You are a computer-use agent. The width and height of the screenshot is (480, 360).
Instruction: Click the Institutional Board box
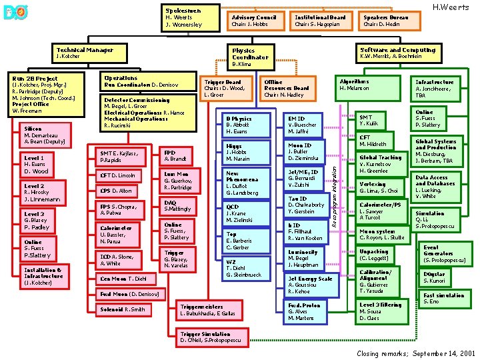click(320, 21)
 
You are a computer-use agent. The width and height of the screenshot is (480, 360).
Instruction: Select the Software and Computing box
click(397, 53)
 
